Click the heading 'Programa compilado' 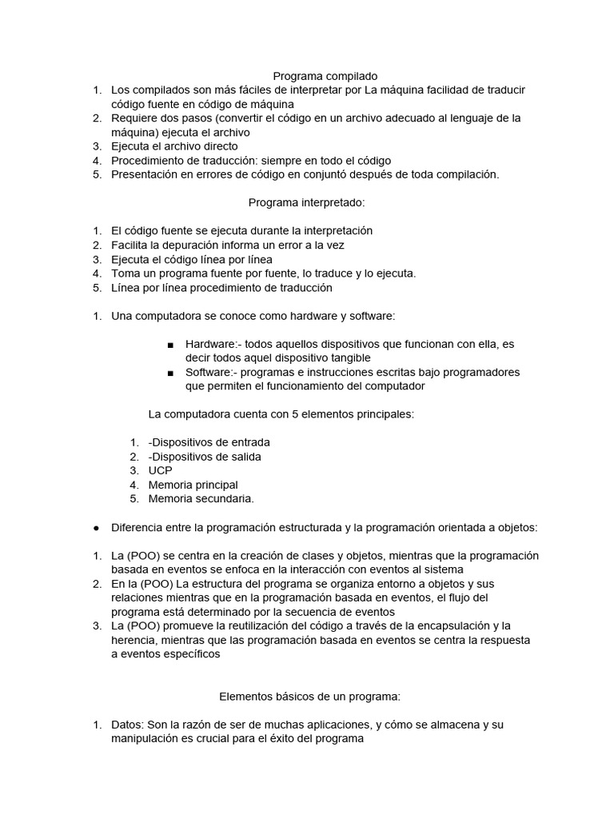point(308,75)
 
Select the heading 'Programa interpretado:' point(308,203)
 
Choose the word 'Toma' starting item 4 point(126,274)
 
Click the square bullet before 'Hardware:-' point(171,345)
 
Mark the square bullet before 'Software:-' point(171,374)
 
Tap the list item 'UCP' point(160,470)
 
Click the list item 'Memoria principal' point(193,485)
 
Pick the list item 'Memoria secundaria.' point(201,499)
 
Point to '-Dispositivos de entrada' point(209,441)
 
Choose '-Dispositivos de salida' point(205,456)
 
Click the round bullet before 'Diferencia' point(96,528)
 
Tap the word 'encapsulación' point(453,625)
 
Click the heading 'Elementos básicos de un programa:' point(308,697)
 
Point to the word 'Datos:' point(128,725)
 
